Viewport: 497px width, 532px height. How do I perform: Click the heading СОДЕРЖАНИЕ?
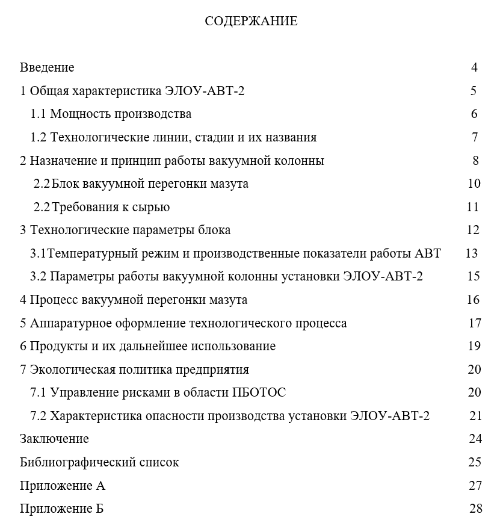point(251,22)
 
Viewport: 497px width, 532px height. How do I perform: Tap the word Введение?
point(47,67)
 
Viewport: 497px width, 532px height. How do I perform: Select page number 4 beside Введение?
point(474,67)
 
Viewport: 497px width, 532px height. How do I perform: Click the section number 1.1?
point(39,114)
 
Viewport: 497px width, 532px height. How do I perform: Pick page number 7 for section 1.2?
point(475,137)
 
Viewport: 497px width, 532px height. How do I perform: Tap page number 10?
point(474,184)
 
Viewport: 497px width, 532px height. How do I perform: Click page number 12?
point(473,230)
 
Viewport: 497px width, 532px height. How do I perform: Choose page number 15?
point(473,276)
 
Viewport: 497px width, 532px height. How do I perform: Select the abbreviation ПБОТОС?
point(259,392)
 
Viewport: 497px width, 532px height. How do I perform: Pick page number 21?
point(475,416)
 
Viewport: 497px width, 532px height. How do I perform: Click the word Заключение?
point(54,439)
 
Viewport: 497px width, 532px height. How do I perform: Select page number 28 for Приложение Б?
point(475,509)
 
